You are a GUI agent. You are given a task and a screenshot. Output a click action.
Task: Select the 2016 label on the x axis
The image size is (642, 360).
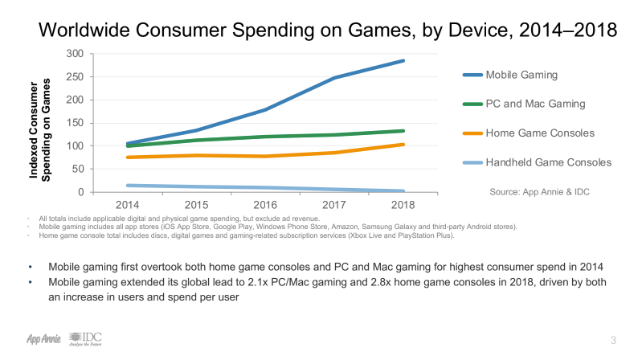(x=266, y=206)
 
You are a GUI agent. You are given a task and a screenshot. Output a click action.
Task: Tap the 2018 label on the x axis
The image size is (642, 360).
(x=403, y=206)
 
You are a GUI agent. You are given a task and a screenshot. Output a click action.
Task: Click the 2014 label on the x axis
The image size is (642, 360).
(x=129, y=206)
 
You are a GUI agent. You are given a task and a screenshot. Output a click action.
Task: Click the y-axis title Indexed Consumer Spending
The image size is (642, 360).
(x=52, y=122)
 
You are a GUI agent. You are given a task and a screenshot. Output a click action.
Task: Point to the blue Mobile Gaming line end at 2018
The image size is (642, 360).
(x=403, y=60)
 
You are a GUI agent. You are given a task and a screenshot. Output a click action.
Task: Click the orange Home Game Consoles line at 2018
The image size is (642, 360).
(x=403, y=145)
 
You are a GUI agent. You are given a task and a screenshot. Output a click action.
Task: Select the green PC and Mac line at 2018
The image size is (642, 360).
(x=403, y=131)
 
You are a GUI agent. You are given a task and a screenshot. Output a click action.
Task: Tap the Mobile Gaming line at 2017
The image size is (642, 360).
(x=334, y=78)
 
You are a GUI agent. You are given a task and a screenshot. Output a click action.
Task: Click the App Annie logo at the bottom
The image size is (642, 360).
(x=37, y=338)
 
